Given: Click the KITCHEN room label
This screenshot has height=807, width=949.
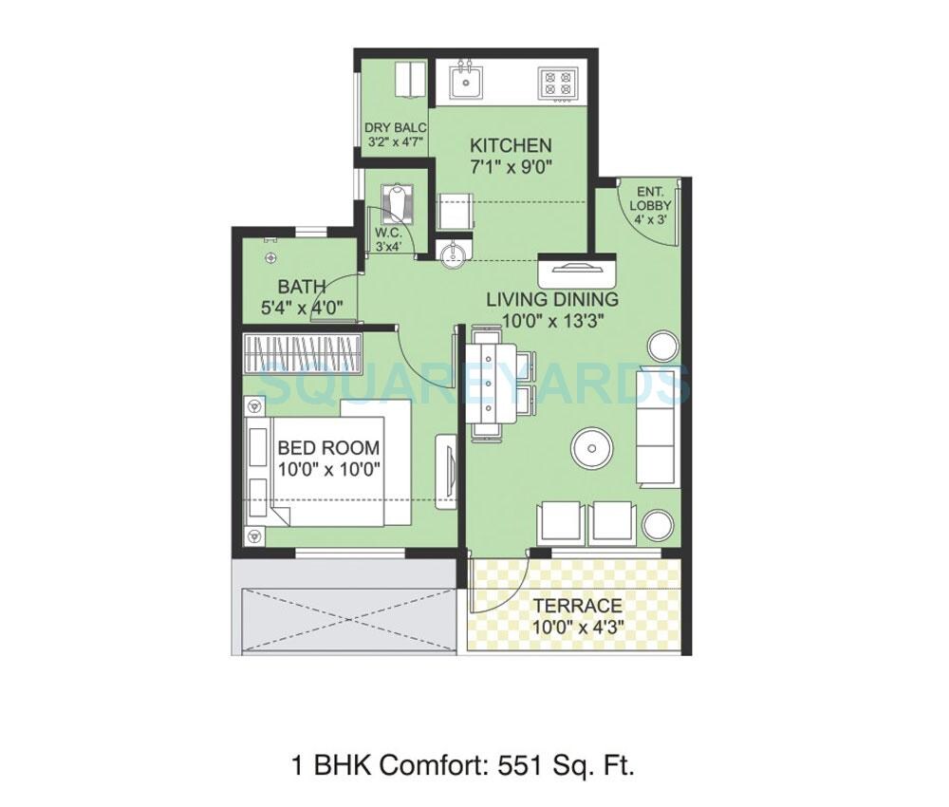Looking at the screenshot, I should pyautogui.click(x=511, y=145).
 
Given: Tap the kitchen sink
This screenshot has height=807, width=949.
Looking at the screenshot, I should pyautogui.click(x=465, y=81).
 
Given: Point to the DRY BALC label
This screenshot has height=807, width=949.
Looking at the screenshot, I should pyautogui.click(x=396, y=128).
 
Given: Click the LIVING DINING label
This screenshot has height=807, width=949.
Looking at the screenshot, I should pyautogui.click(x=552, y=299).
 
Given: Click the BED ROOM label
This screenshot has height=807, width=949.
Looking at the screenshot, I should pyautogui.click(x=328, y=448).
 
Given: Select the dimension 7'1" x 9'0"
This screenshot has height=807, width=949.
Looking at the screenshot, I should pyautogui.click(x=511, y=167).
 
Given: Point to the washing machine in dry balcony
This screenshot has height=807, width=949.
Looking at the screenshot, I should pyautogui.click(x=411, y=79).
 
